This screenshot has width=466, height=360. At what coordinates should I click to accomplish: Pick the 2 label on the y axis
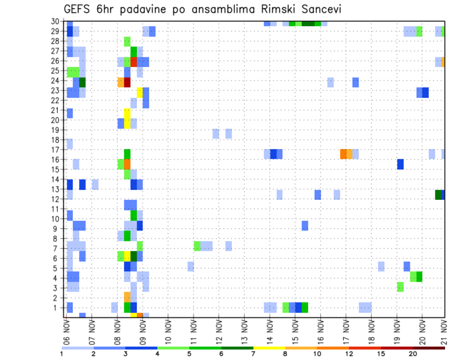coord(57,297)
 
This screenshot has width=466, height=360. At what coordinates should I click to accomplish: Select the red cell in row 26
coord(133,62)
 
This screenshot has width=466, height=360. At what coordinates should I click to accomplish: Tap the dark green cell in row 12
coord(438,195)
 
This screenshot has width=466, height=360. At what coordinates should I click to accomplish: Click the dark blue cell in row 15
coord(400,164)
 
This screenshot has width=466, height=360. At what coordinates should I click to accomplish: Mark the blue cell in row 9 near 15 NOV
coord(305,226)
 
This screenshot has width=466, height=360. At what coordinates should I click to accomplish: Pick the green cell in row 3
coord(400,287)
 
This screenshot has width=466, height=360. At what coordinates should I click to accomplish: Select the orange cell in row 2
coord(127,296)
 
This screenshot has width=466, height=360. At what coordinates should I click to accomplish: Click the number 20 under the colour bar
coord(413,354)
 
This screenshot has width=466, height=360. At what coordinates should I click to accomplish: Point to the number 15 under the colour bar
coord(381,354)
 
